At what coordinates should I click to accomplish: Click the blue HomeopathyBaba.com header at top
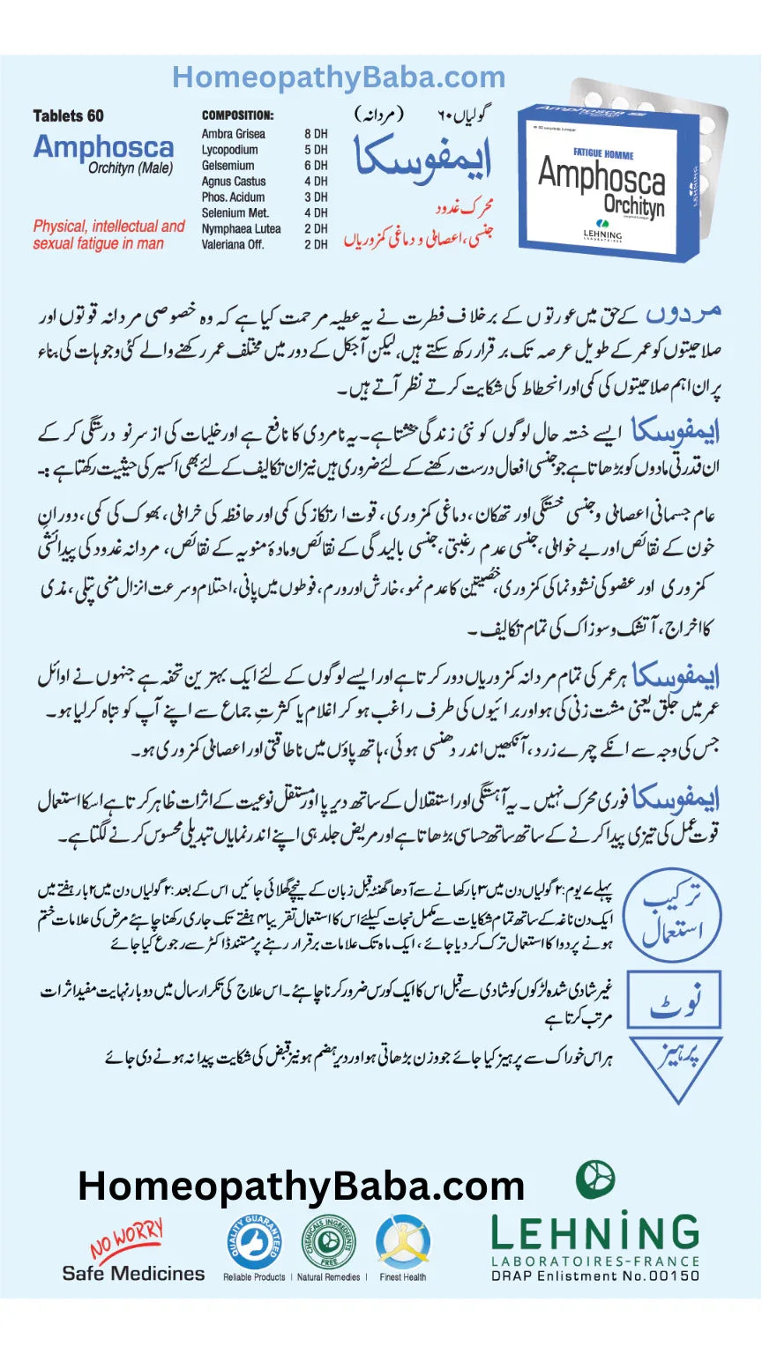point(339,78)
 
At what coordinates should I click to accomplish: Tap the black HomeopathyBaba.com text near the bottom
point(301,1186)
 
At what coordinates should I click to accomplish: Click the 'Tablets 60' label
point(68,115)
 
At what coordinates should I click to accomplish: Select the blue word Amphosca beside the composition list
point(103,146)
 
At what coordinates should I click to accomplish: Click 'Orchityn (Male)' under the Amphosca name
point(130,167)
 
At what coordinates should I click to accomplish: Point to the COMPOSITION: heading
point(237,115)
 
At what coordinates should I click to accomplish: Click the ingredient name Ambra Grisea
point(234,134)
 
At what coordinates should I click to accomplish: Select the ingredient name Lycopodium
point(229,150)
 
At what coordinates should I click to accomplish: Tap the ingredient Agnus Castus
point(233,182)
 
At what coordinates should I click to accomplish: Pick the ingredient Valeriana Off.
point(233,244)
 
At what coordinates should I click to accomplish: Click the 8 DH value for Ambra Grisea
point(315,134)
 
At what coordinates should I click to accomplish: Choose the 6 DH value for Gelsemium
point(315,166)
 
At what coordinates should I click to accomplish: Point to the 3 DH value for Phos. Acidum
point(315,197)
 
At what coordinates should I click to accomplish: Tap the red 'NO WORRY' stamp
point(126,1240)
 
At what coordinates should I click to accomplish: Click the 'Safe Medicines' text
point(133,1273)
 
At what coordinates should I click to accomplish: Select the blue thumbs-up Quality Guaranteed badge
point(253,1241)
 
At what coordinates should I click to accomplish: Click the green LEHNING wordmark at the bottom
point(594,1233)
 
